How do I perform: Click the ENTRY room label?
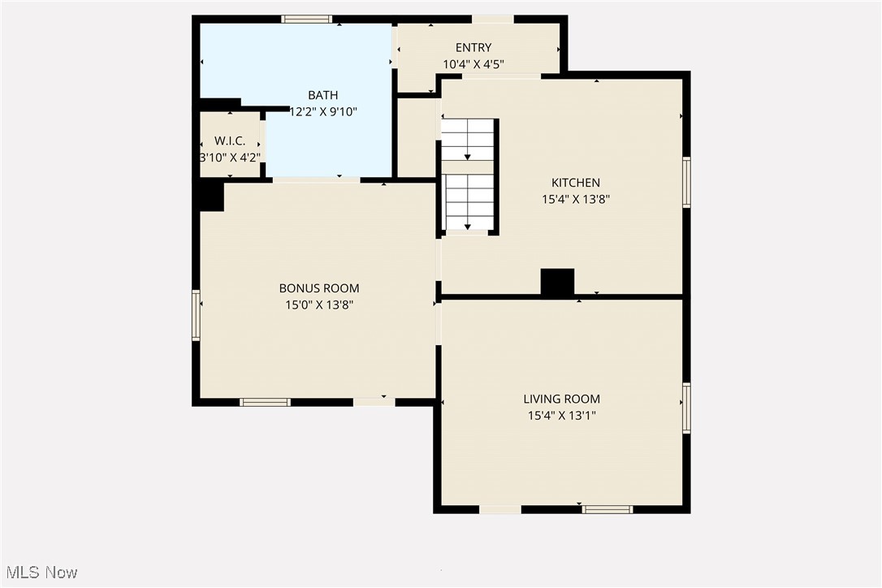(473, 48)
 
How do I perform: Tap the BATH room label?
(322, 96)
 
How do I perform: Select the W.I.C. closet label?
(230, 141)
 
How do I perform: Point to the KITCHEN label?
(576, 183)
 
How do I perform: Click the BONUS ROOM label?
(318, 288)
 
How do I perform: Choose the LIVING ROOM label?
(561, 399)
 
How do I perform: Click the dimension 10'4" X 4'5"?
(473, 64)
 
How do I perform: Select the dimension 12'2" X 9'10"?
(323, 111)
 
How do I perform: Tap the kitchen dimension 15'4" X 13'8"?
(576, 198)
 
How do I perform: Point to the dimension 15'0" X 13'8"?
(318, 305)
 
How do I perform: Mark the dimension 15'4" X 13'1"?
(561, 415)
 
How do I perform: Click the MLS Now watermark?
(39, 573)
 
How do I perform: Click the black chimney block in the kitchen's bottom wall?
(557, 282)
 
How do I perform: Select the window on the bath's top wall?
(306, 19)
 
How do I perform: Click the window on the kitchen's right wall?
(686, 183)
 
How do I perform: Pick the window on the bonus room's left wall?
(196, 315)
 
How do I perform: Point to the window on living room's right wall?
(686, 408)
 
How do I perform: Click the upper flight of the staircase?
(468, 139)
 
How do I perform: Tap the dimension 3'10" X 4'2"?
(230, 158)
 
